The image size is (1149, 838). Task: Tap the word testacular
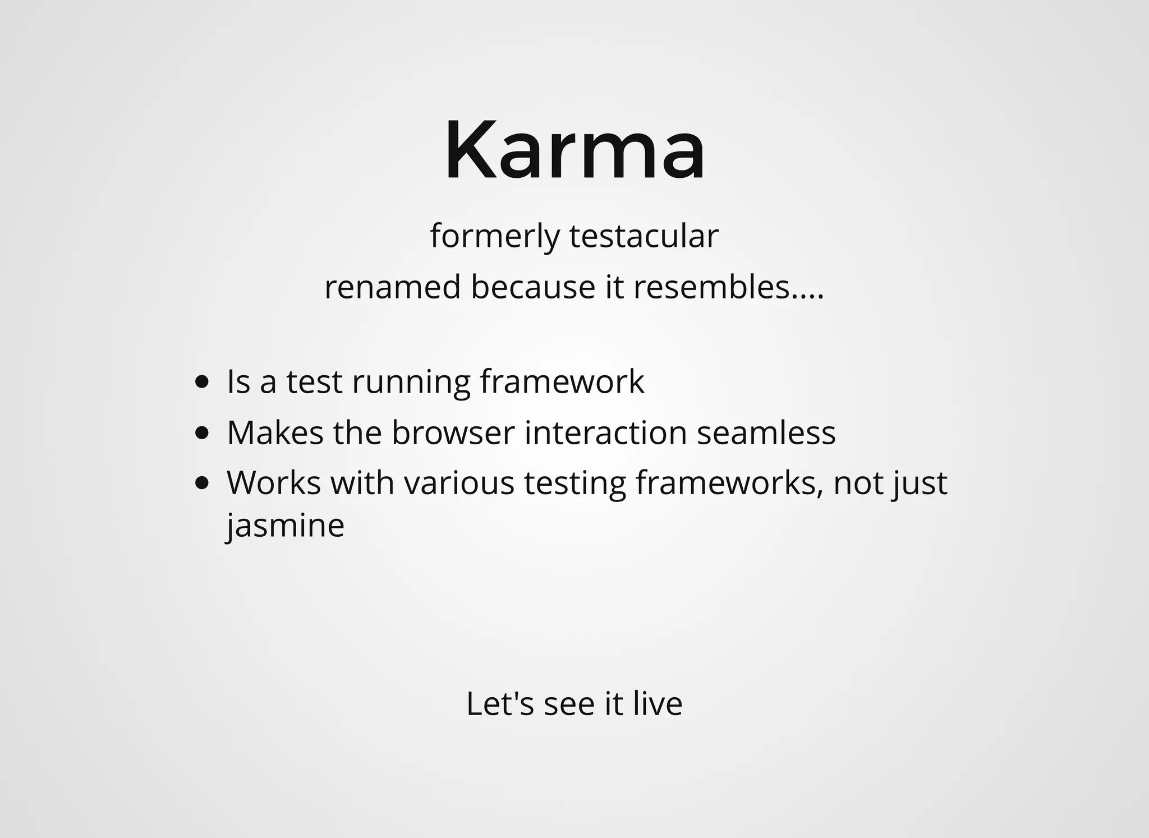pyautogui.click(x=644, y=236)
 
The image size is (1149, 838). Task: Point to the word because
pyautogui.click(x=532, y=287)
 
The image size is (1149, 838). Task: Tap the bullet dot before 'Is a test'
pyautogui.click(x=202, y=383)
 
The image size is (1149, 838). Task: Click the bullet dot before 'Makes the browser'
pyautogui.click(x=202, y=433)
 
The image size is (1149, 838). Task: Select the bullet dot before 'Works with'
pyautogui.click(x=202, y=483)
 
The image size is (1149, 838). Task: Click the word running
pyautogui.click(x=411, y=383)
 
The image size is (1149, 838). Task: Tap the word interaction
pyautogui.click(x=606, y=432)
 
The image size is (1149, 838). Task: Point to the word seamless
pyautogui.click(x=766, y=432)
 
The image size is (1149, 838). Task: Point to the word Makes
pyautogui.click(x=275, y=432)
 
